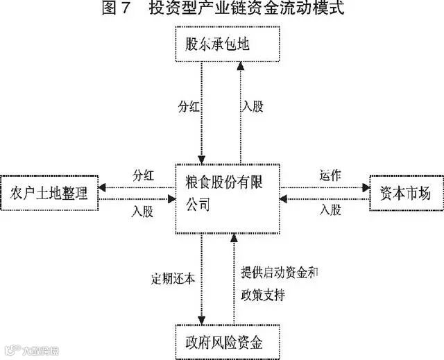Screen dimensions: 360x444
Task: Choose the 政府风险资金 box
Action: coord(227,342)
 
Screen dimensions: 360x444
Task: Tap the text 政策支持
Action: coord(263,293)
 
